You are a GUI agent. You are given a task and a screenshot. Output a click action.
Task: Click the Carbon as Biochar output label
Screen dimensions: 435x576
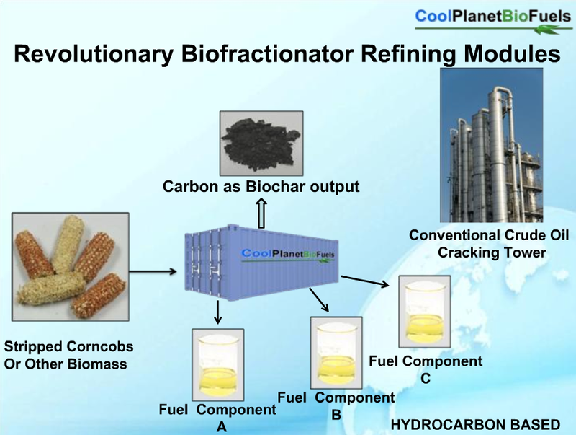coord(261,188)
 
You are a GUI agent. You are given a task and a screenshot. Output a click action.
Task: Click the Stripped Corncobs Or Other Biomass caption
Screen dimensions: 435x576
coord(69,355)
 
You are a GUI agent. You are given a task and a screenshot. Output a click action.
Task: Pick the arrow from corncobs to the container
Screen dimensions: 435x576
coord(153,271)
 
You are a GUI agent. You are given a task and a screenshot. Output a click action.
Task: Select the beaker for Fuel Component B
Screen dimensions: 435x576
coord(334,351)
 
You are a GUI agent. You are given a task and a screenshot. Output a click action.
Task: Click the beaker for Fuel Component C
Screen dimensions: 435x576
coord(426,310)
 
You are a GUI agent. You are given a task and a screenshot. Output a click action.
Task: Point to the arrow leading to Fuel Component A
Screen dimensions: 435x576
coord(217,312)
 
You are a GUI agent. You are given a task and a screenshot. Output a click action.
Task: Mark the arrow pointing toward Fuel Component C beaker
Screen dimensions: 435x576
coord(366,281)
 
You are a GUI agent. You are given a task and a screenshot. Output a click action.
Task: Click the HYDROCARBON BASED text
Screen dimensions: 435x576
coord(474,424)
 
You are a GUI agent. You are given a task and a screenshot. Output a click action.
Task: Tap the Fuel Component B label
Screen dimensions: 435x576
coord(336,404)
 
